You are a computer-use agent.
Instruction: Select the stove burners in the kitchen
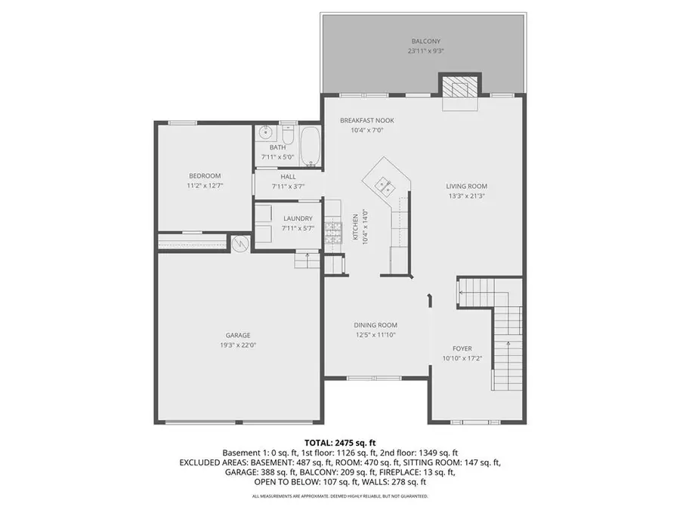333,226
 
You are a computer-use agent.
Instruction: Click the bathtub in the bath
311,146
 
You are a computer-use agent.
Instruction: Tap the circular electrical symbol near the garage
240,243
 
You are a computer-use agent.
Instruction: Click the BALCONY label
426,41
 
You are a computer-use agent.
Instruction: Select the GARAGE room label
237,335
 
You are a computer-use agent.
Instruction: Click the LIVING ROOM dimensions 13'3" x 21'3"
466,196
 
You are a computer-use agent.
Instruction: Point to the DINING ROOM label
376,325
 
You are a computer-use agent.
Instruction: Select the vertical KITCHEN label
355,225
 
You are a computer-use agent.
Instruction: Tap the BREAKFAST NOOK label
366,120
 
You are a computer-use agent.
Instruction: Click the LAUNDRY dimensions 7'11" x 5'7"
296,227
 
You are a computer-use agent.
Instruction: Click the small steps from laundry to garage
307,260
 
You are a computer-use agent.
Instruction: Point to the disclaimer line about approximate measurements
339,496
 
